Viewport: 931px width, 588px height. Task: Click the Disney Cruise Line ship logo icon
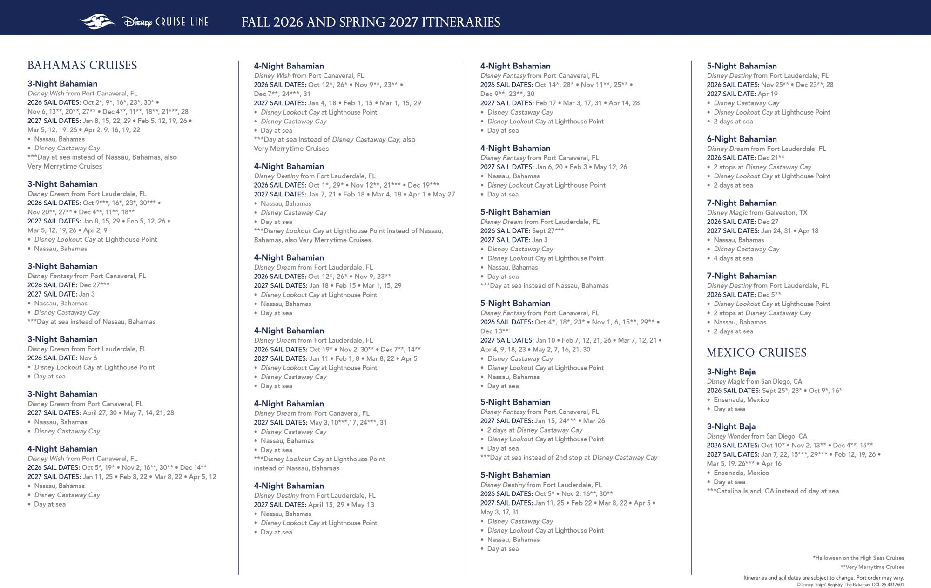click(97, 21)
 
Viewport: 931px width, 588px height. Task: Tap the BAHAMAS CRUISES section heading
click(82, 65)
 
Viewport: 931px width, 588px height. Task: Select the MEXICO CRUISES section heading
click(756, 352)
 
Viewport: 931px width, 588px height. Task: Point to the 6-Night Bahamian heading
click(742, 139)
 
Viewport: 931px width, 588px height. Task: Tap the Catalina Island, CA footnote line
click(773, 491)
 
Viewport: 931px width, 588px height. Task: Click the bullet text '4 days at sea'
click(733, 258)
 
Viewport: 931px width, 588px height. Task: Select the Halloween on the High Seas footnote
click(858, 558)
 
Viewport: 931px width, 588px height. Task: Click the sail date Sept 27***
click(548, 230)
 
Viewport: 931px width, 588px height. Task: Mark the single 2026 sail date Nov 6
click(88, 358)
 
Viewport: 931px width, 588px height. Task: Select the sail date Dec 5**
click(769, 295)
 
